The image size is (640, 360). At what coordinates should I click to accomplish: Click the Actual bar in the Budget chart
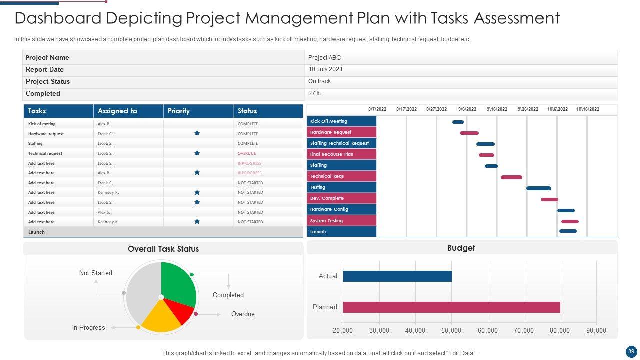(397, 276)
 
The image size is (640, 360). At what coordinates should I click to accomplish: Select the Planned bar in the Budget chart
(451, 307)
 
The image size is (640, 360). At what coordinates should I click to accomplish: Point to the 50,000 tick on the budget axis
(451, 330)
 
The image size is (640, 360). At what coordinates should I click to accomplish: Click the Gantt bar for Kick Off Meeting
(458, 122)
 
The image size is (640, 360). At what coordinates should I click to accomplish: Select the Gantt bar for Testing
(538, 188)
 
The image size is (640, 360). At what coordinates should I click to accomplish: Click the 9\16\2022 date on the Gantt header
(497, 109)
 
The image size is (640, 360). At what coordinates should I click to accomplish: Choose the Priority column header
(179, 111)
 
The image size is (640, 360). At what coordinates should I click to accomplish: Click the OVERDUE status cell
(247, 153)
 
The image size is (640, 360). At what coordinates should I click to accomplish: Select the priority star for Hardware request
(197, 133)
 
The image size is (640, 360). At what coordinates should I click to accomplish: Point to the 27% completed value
(314, 93)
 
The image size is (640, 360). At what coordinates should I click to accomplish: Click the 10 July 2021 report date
(325, 69)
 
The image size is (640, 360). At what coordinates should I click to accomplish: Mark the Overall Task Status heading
(163, 249)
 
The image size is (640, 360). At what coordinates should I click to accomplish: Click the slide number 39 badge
(631, 351)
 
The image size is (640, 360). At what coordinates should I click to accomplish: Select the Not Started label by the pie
(96, 273)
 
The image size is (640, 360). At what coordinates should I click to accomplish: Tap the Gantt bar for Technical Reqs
(511, 177)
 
